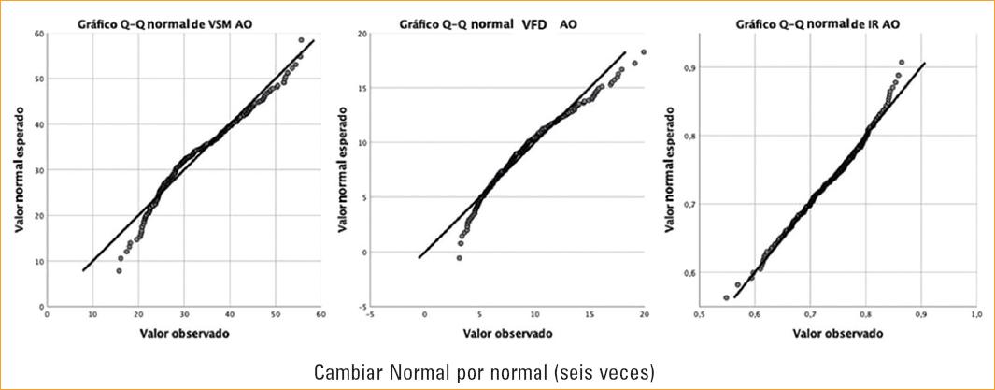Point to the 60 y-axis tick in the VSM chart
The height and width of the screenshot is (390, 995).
tap(38, 34)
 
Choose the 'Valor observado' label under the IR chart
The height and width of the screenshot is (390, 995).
tap(837, 333)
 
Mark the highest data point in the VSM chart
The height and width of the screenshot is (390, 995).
tap(301, 40)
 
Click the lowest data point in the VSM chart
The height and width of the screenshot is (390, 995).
tap(119, 270)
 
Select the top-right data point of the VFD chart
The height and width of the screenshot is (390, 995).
tap(644, 52)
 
